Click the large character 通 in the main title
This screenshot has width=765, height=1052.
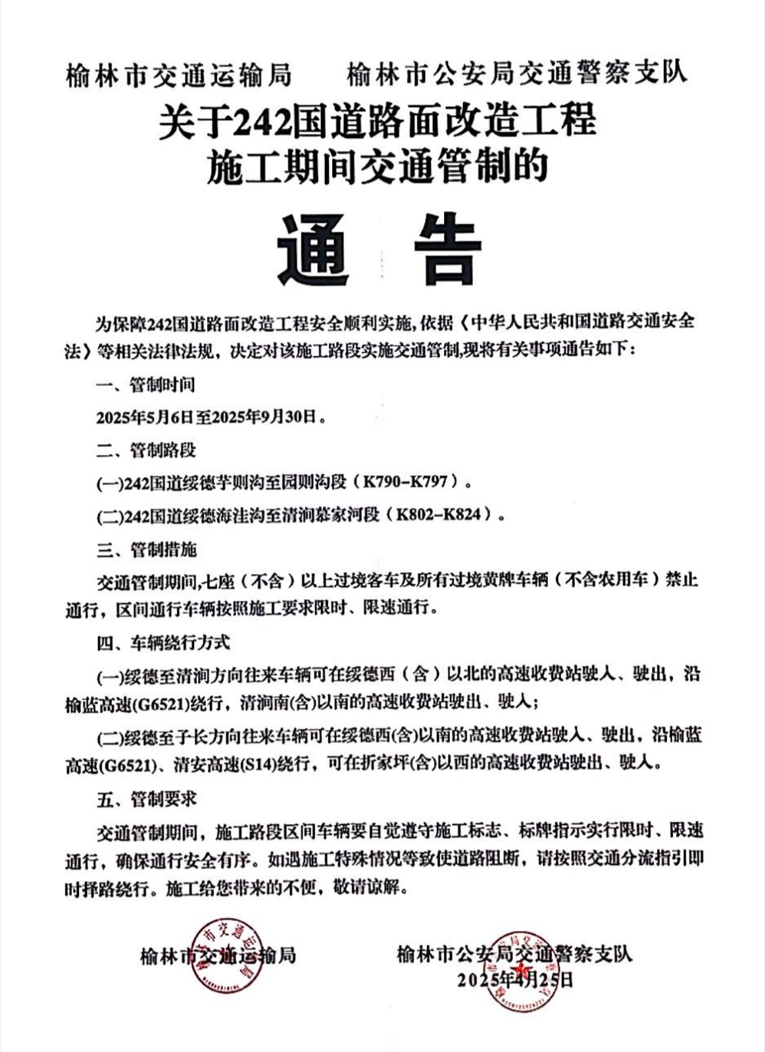tap(312, 249)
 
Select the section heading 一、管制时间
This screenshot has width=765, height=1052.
tap(145, 385)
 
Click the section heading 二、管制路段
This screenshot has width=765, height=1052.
tap(145, 450)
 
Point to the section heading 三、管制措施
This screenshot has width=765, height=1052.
tap(145, 549)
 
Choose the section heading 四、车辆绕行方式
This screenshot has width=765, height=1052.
tap(162, 642)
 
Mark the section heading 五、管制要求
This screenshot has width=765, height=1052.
tap(145, 799)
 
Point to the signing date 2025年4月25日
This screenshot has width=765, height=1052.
tap(515, 980)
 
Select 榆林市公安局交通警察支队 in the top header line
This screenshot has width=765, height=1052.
tap(516, 73)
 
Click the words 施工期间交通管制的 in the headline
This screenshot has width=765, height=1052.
tap(377, 166)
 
